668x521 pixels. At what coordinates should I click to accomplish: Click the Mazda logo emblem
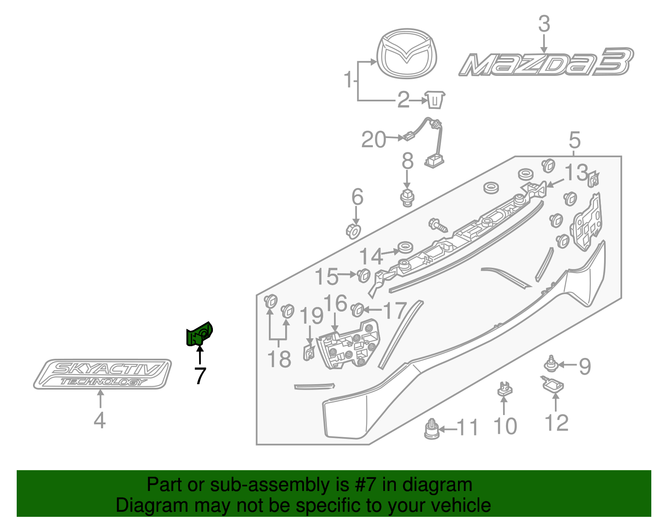(407, 53)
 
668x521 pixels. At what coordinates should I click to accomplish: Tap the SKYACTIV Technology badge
(102, 374)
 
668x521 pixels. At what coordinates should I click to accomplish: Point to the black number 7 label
(200, 376)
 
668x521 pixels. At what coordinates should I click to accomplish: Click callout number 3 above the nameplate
(544, 24)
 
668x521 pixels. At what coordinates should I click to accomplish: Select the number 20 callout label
(374, 140)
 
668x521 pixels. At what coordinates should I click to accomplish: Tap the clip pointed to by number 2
(435, 99)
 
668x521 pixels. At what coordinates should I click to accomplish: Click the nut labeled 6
(353, 231)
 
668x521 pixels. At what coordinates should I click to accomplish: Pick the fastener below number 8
(407, 197)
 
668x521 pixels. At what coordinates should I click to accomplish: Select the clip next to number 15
(364, 275)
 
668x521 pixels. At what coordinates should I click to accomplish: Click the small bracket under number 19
(309, 352)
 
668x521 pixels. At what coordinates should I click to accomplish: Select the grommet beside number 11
(431, 430)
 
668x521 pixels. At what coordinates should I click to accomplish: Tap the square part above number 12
(553, 384)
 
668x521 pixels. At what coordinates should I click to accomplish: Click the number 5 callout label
(575, 141)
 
